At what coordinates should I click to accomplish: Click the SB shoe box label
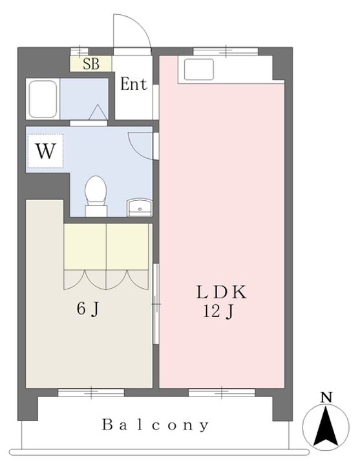pos(91,64)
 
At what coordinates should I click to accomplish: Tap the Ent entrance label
pos(134,84)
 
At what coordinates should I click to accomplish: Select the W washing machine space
pos(45,151)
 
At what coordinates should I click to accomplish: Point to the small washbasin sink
pos(140,207)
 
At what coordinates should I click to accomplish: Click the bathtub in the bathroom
pos(43,99)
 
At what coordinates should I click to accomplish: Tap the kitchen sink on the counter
pos(199,69)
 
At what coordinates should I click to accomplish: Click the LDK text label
pos(222,292)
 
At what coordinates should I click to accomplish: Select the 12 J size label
pos(218,312)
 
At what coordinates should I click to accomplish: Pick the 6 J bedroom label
pos(87,309)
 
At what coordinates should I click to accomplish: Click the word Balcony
pos(155,425)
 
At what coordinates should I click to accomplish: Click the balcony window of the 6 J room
pos(91,393)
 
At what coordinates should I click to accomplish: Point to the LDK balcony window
pos(222,393)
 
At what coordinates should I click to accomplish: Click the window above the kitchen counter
pos(226,51)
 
